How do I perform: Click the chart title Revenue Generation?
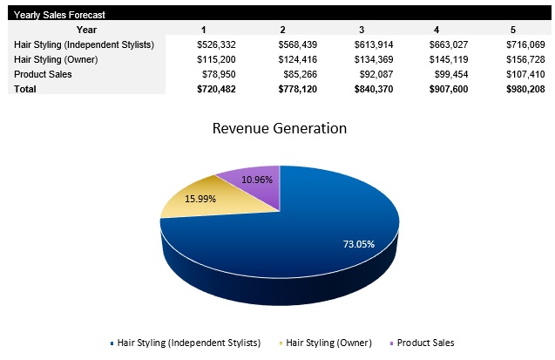coord(280,128)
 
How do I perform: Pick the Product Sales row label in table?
coord(43,74)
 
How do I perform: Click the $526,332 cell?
coord(213,44)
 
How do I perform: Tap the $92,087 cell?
coord(372,74)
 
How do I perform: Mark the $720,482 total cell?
coord(213,88)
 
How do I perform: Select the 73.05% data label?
coord(358,243)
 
